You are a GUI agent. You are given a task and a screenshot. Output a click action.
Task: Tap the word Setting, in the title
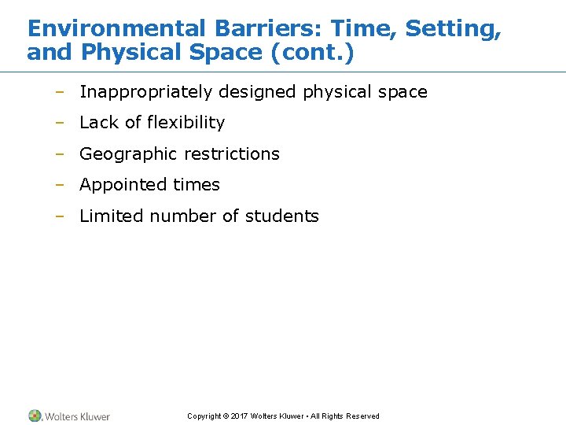point(453,29)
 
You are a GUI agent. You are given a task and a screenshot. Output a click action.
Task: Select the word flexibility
point(186,123)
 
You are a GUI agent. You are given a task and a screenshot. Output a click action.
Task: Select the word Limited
point(110,216)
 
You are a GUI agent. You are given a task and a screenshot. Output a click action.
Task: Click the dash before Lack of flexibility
point(59,123)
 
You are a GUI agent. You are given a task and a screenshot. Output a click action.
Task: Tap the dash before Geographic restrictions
point(59,154)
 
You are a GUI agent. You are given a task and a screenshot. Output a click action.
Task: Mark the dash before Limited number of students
point(59,216)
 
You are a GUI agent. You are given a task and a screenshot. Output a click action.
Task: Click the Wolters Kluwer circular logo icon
point(35,416)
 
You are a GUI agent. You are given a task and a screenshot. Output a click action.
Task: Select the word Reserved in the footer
point(363,416)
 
